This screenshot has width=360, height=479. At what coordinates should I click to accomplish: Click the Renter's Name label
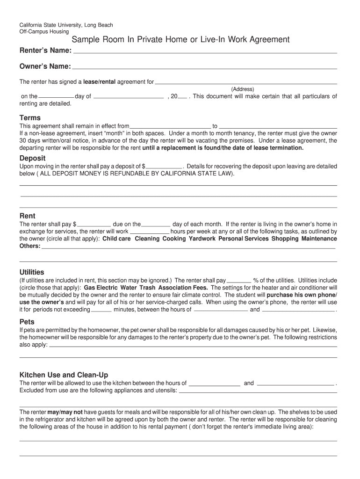click(45, 50)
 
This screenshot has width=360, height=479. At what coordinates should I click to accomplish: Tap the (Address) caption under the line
click(242, 89)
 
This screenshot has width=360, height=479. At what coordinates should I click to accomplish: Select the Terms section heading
click(30, 118)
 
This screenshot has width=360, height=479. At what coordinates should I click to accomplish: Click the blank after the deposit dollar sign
click(164, 166)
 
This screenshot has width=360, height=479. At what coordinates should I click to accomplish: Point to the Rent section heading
click(27, 216)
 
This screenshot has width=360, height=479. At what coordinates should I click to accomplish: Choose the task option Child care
click(117, 239)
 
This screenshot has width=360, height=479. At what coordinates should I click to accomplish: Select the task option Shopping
click(285, 239)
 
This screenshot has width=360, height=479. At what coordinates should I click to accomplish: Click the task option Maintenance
click(319, 239)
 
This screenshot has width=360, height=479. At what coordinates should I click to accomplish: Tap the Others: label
click(30, 246)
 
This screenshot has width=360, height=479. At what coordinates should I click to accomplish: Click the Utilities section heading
click(32, 272)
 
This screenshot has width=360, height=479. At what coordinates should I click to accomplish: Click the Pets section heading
click(27, 322)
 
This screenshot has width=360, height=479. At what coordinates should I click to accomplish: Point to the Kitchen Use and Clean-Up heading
click(64, 375)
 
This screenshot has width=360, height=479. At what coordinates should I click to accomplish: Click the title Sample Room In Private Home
click(180, 40)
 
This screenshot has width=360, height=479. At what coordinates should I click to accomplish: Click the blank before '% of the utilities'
click(238, 281)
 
